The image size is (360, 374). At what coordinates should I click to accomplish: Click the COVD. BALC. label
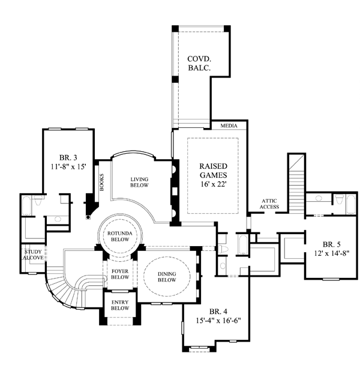pyautogui.click(x=201, y=64)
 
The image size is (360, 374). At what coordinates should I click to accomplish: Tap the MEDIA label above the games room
pyautogui.click(x=229, y=126)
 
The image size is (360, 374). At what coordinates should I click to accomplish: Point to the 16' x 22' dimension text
pyautogui.click(x=214, y=185)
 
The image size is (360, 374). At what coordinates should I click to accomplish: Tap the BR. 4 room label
pyautogui.click(x=218, y=311)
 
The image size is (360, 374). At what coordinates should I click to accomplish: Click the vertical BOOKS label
pyautogui.click(x=101, y=182)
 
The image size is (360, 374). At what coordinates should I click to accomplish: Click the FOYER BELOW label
pyautogui.click(x=120, y=274)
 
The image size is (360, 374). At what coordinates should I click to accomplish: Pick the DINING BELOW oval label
pyautogui.click(x=167, y=276)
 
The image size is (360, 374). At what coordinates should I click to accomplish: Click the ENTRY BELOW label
pyautogui.click(x=120, y=304)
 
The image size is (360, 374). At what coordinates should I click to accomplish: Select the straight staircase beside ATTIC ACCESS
pyautogui.click(x=295, y=183)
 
